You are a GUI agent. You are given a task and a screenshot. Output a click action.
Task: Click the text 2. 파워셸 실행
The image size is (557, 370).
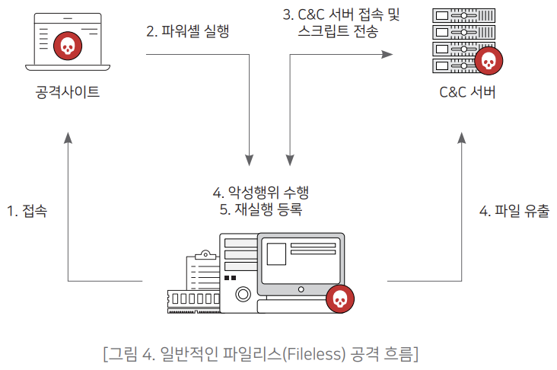click(x=187, y=32)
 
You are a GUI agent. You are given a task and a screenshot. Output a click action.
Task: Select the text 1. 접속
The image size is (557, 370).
click(x=27, y=211)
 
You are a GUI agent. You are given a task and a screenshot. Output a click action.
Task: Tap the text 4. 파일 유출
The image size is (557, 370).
click(x=514, y=211)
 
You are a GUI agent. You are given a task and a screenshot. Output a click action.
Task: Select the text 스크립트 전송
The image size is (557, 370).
click(x=339, y=32)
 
